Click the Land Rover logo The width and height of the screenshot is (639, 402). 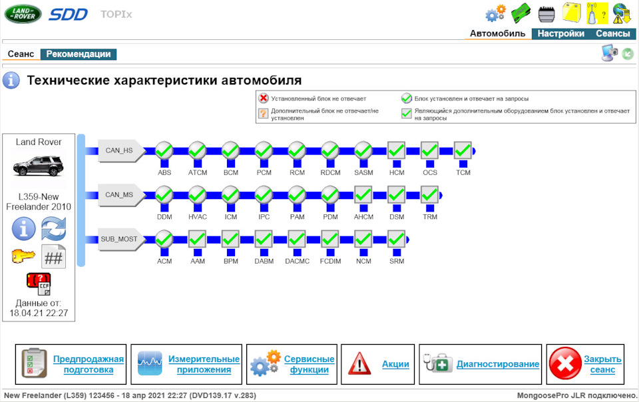click(x=23, y=13)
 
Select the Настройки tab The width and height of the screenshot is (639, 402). click(x=560, y=34)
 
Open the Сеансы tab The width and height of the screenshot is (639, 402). click(x=612, y=34)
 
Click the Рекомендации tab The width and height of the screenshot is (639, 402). click(x=79, y=54)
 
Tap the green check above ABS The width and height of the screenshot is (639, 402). click(x=164, y=151)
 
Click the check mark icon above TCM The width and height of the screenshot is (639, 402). click(x=463, y=151)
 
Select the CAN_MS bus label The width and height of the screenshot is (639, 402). click(x=119, y=195)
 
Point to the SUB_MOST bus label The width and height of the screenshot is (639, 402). click(x=119, y=239)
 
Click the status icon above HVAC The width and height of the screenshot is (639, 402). click(x=198, y=195)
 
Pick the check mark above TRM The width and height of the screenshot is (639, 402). click(x=429, y=195)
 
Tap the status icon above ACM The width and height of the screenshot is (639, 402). click(x=164, y=239)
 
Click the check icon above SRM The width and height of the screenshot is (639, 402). click(x=396, y=239)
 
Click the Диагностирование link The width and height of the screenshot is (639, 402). click(x=497, y=364)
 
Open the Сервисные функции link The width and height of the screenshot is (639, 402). click(x=309, y=364)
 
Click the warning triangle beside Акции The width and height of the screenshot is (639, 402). click(x=359, y=364)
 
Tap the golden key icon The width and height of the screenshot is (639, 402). click(x=23, y=256)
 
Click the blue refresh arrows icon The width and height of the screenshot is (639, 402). click(x=53, y=229)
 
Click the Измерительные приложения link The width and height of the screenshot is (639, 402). click(x=204, y=364)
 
